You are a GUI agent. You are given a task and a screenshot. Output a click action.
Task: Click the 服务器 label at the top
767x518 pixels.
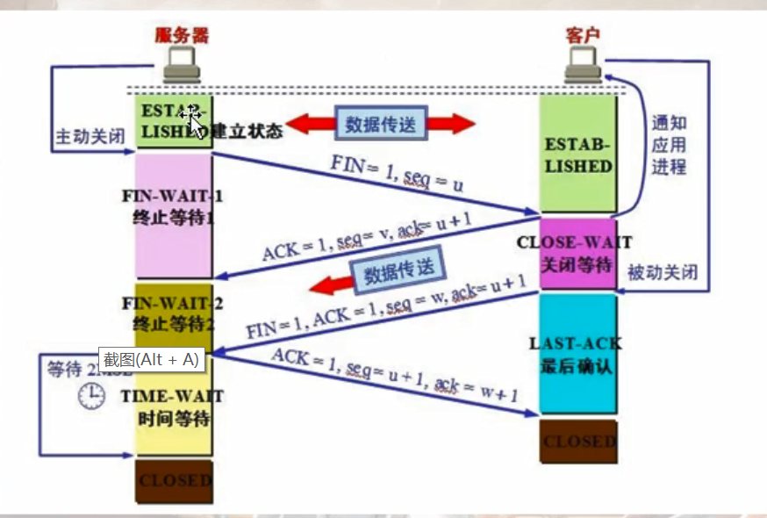(182, 35)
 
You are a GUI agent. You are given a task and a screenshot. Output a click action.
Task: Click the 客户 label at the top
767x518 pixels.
(583, 36)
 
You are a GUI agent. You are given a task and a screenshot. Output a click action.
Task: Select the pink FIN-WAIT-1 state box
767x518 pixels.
(174, 215)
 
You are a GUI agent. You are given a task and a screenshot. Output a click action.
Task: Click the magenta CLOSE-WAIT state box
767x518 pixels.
(577, 254)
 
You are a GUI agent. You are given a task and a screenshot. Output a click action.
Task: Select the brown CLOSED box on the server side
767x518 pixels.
(174, 481)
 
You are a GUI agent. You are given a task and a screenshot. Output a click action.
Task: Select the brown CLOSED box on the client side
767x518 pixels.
(577, 442)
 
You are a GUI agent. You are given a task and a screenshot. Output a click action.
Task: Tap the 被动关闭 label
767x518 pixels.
(663, 273)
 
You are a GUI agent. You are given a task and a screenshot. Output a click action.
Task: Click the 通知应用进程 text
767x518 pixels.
(668, 145)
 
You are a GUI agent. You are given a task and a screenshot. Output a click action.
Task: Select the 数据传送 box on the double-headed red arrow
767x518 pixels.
(380, 123)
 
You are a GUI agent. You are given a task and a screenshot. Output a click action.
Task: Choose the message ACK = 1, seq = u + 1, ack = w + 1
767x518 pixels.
(397, 374)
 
